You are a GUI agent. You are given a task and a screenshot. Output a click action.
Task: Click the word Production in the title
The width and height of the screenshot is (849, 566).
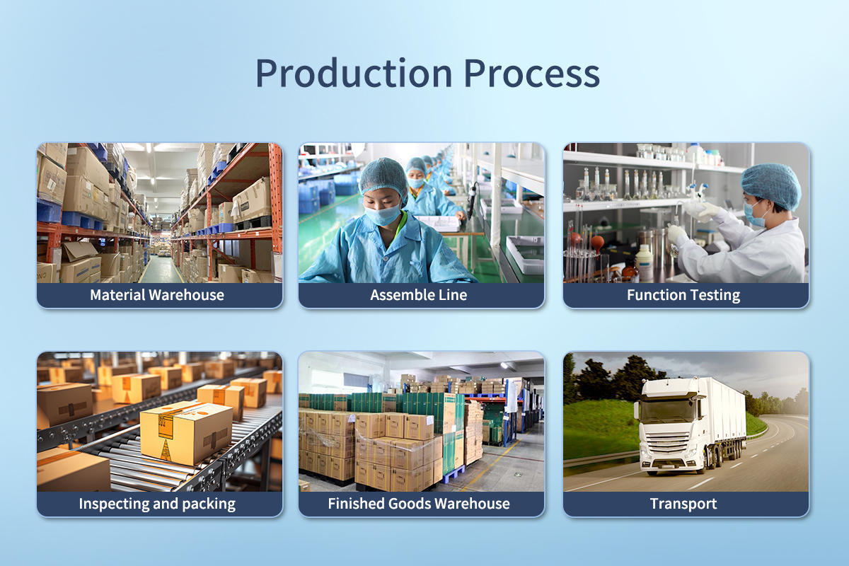tap(354, 73)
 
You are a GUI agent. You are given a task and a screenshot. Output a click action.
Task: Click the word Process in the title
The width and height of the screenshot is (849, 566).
tap(532, 73)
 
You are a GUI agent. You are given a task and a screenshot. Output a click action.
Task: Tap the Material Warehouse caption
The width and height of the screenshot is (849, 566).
tap(157, 295)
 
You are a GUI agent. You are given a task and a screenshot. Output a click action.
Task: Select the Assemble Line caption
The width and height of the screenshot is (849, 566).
tap(418, 295)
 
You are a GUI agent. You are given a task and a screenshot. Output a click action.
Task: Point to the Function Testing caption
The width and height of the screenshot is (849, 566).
tap(683, 295)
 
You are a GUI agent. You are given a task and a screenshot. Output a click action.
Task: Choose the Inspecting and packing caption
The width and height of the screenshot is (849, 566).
tap(157, 504)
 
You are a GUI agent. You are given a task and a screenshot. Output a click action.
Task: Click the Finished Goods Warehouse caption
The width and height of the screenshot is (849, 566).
tap(419, 504)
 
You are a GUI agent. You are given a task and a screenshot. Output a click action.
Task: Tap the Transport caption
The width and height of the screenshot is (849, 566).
tap(683, 504)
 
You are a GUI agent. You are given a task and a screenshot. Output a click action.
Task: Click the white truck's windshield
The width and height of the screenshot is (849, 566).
tap(668, 412)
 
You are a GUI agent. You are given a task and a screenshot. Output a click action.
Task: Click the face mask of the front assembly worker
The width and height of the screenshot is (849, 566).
tap(383, 214)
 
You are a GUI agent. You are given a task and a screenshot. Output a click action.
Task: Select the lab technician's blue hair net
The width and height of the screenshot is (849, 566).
tap(771, 186)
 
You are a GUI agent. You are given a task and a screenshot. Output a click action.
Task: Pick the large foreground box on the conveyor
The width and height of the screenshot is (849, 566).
tap(185, 432)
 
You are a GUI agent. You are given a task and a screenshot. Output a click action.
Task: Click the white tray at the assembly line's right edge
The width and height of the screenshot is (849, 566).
tap(525, 253)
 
